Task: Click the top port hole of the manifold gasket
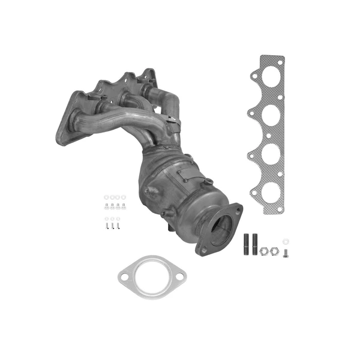271,76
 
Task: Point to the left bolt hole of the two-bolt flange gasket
124,277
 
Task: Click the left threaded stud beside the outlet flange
246,244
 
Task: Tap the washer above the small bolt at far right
285,238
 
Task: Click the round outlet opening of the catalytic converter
221,229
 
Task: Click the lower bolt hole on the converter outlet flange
203,248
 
